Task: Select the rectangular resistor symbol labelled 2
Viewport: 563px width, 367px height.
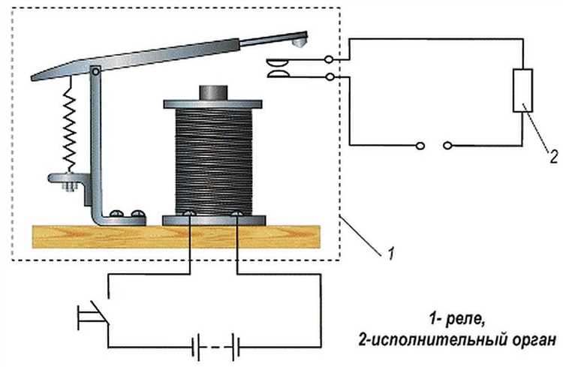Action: coord(521,91)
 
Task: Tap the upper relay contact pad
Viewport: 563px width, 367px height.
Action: coord(277,64)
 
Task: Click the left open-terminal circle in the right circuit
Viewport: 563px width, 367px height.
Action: coord(420,145)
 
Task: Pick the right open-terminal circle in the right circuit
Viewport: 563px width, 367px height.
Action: coord(448,145)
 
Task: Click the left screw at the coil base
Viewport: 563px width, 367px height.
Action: coord(191,215)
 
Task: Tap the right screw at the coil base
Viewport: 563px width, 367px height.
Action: coord(236,215)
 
